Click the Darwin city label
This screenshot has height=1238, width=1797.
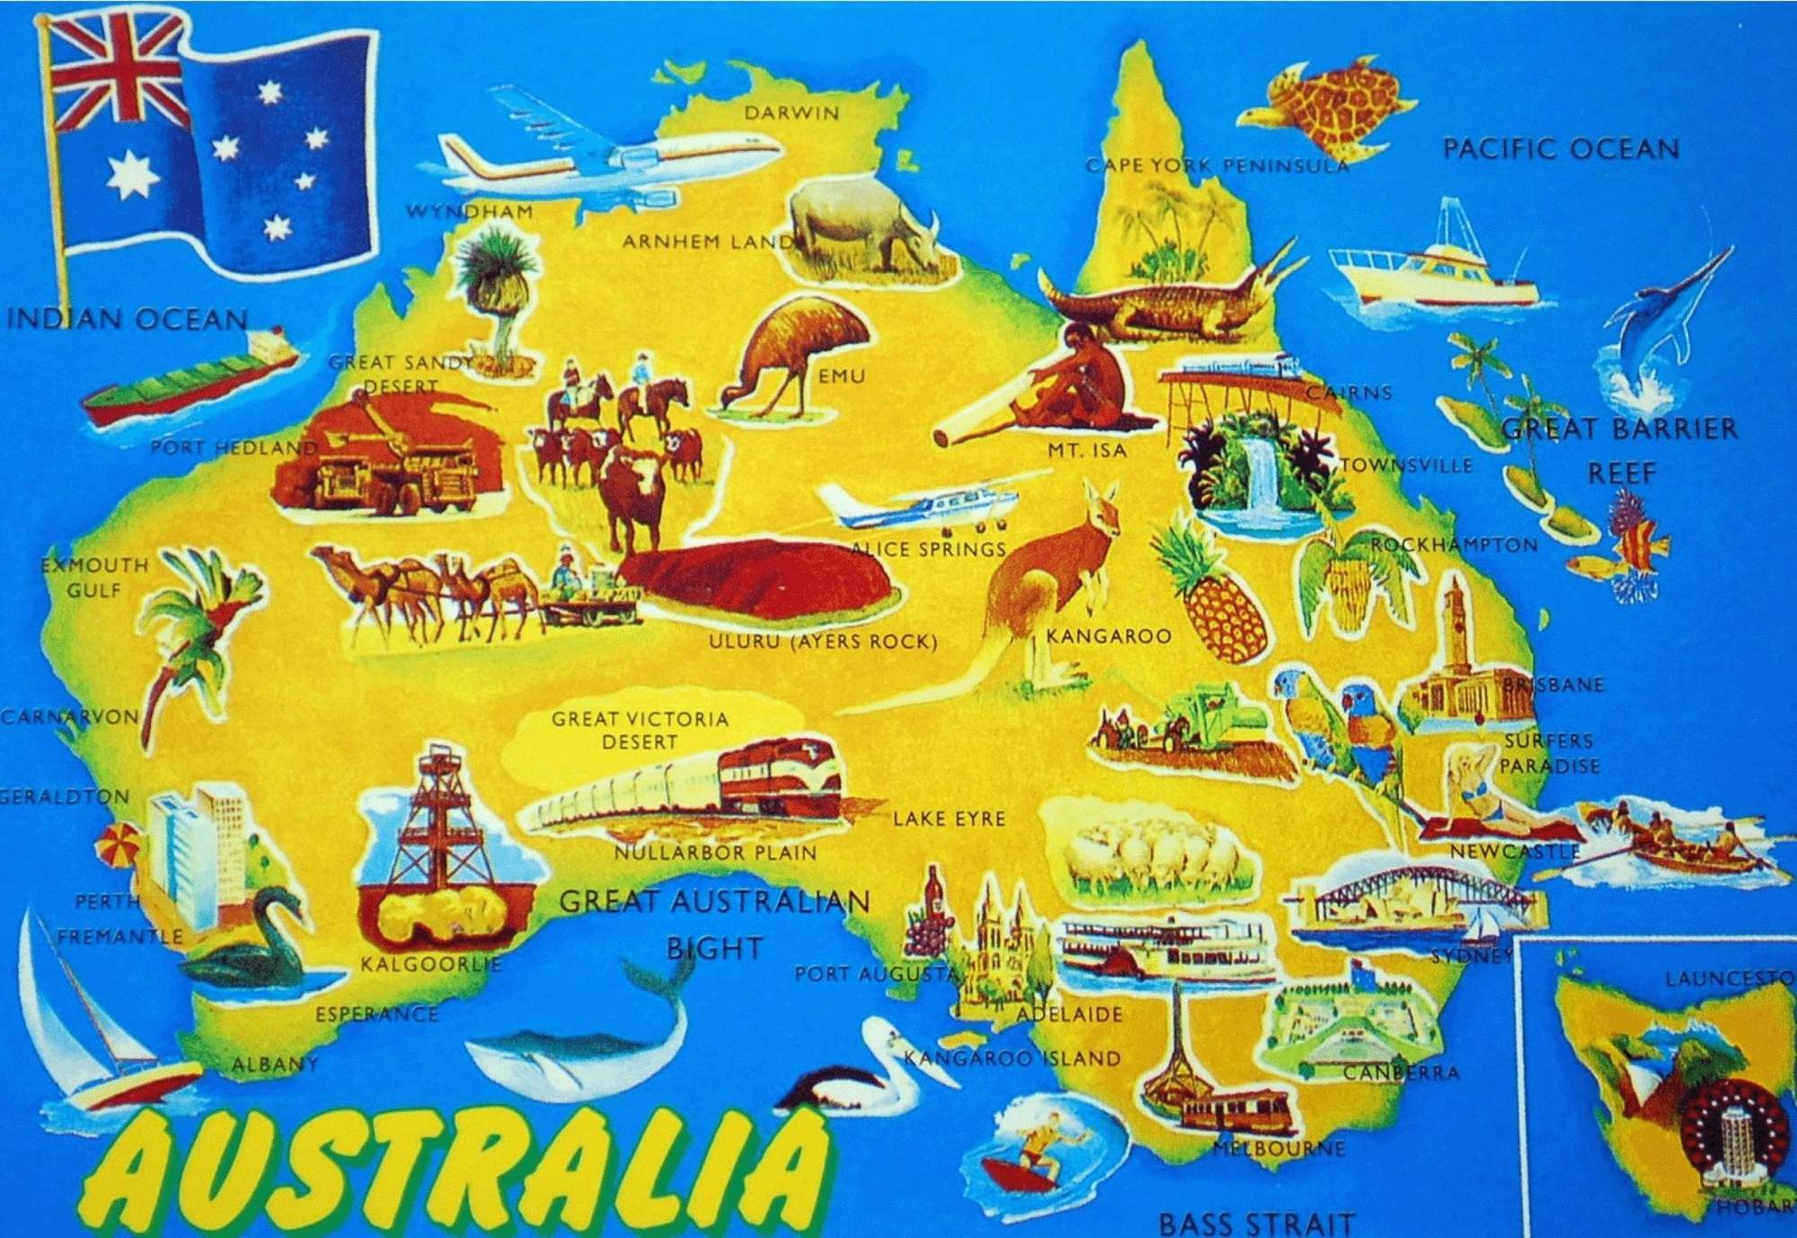(791, 113)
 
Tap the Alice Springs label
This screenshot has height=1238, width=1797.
(929, 549)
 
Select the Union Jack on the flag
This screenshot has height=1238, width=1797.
(120, 78)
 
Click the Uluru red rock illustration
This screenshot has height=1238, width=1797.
(759, 584)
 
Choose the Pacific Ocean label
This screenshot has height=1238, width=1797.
(1561, 149)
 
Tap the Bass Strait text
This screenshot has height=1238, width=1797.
(1255, 1222)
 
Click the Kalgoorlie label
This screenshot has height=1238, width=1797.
(430, 965)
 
